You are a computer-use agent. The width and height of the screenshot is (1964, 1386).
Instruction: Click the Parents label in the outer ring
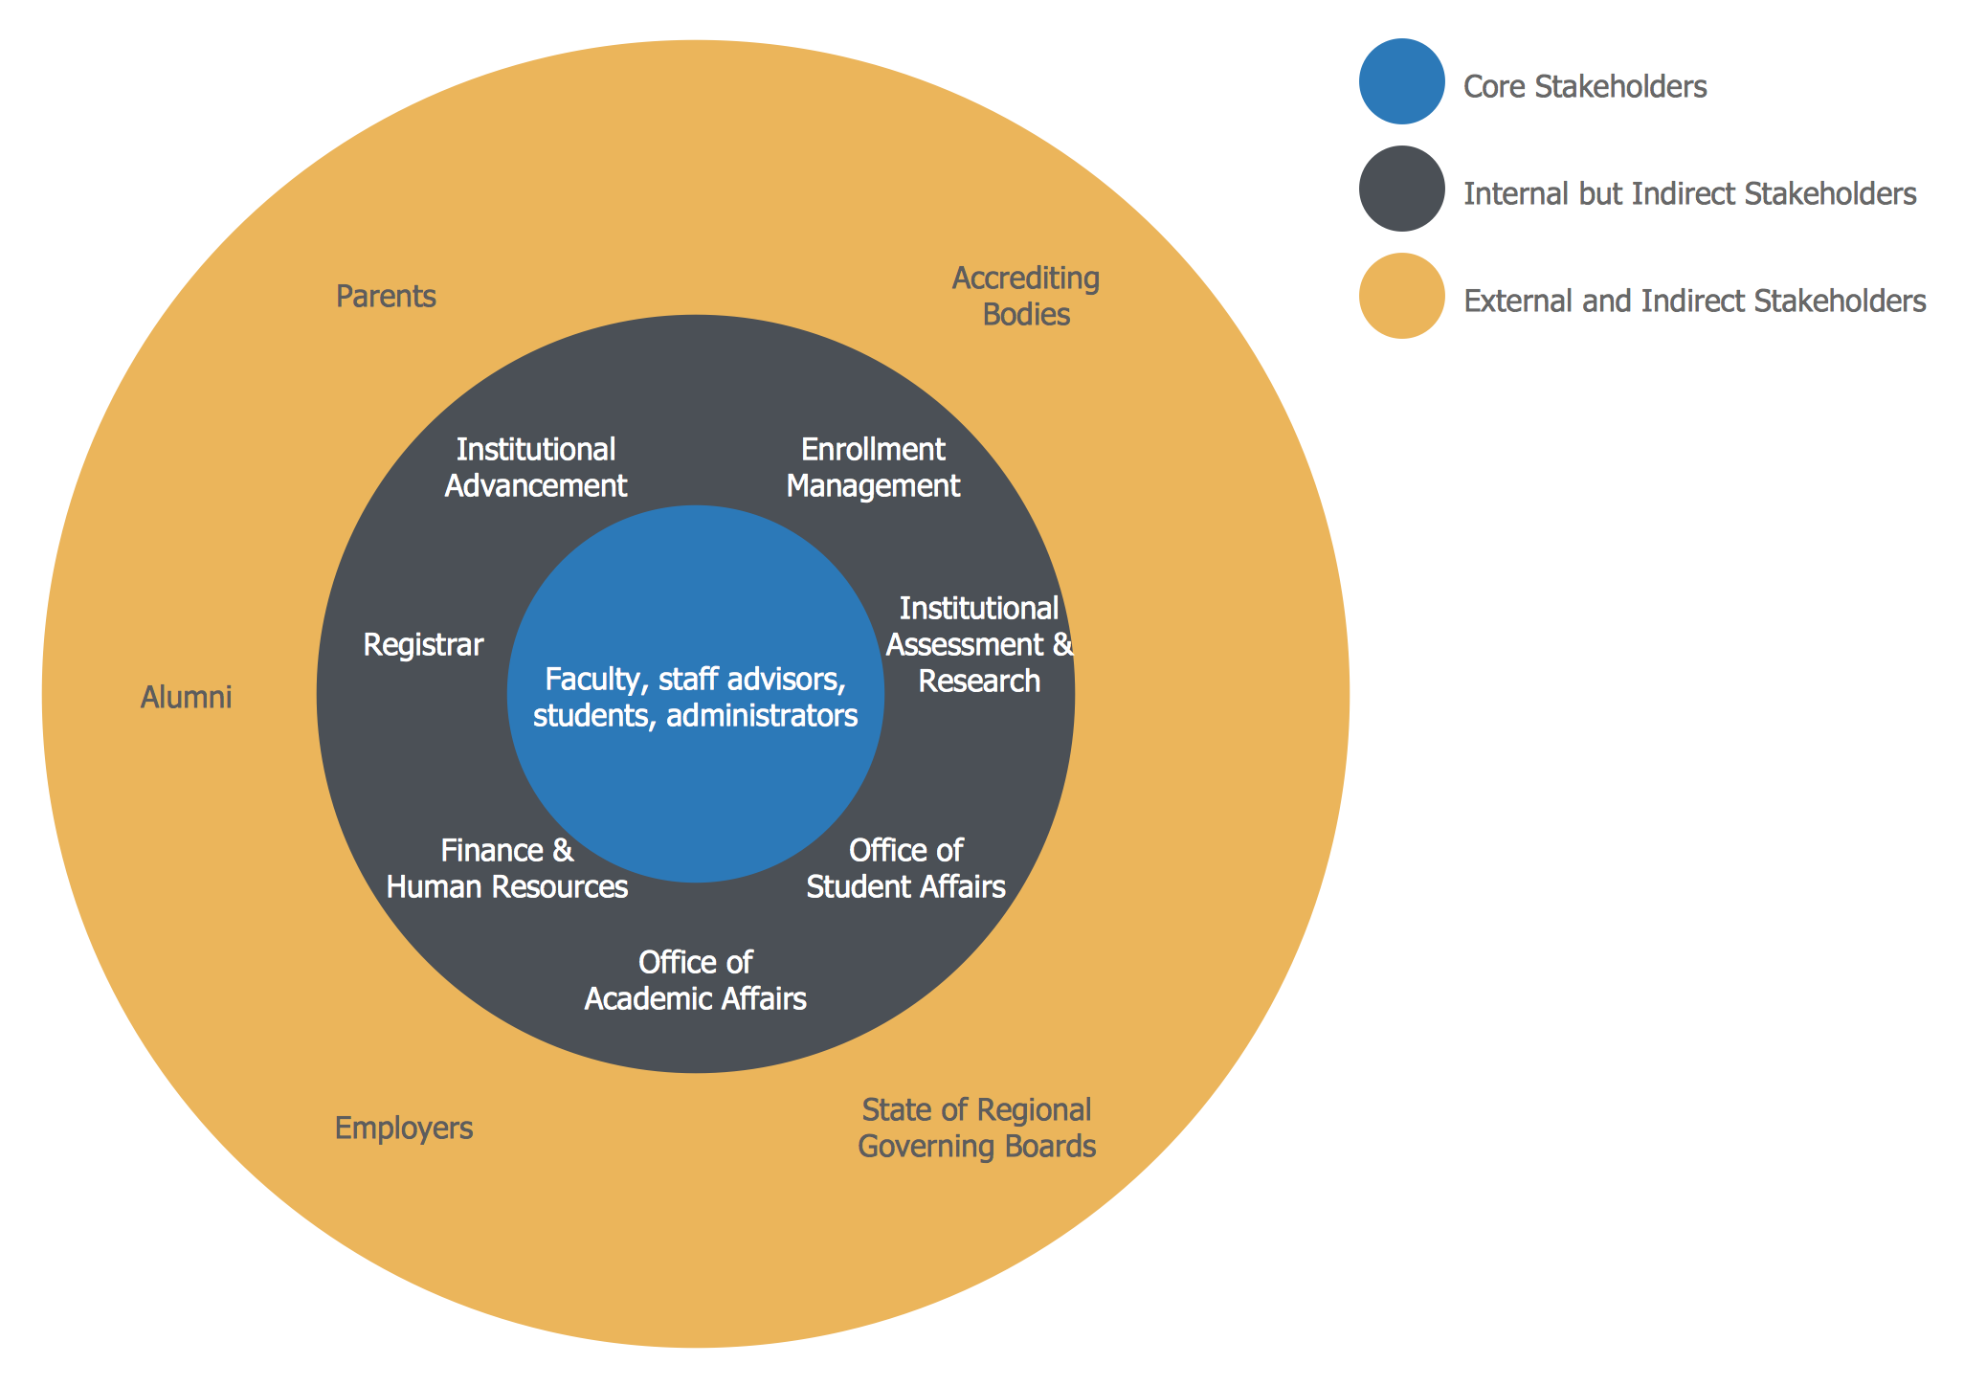[x=386, y=297]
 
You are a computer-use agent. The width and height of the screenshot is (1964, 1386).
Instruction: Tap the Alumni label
[x=187, y=697]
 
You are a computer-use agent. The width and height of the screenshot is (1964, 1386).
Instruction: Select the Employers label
[x=404, y=1129]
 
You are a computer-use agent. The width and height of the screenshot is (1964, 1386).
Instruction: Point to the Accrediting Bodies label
[x=1026, y=296]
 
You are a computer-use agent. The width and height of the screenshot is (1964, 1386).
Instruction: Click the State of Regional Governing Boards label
[x=976, y=1128]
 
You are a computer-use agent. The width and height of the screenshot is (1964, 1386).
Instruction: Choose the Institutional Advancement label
[x=536, y=467]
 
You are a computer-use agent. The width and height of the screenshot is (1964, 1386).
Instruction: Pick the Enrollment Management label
[x=873, y=467]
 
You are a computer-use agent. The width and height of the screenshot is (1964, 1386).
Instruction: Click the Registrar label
[x=423, y=645]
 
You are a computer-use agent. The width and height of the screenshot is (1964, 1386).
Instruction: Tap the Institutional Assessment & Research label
[x=979, y=644]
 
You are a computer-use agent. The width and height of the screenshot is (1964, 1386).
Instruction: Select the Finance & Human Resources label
[x=507, y=868]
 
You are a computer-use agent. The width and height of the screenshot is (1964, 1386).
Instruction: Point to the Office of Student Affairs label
[x=905, y=868]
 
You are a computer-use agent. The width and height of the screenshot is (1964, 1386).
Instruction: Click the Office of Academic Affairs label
[x=696, y=980]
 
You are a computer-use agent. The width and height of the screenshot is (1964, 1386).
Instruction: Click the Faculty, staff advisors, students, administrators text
[x=696, y=697]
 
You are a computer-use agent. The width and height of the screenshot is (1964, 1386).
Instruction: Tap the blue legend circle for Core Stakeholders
[x=1401, y=81]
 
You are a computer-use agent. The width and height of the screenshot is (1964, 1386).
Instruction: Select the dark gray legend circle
[x=1401, y=189]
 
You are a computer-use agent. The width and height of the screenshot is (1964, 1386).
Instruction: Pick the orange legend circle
[x=1401, y=296]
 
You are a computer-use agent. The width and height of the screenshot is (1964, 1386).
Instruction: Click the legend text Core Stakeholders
[x=1585, y=87]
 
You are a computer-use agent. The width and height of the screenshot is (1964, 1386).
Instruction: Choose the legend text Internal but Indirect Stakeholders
[x=1689, y=194]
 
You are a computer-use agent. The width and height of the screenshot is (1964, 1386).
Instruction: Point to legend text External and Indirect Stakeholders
[x=1694, y=302]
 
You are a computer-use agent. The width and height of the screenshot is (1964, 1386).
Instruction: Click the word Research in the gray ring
[x=979, y=682]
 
